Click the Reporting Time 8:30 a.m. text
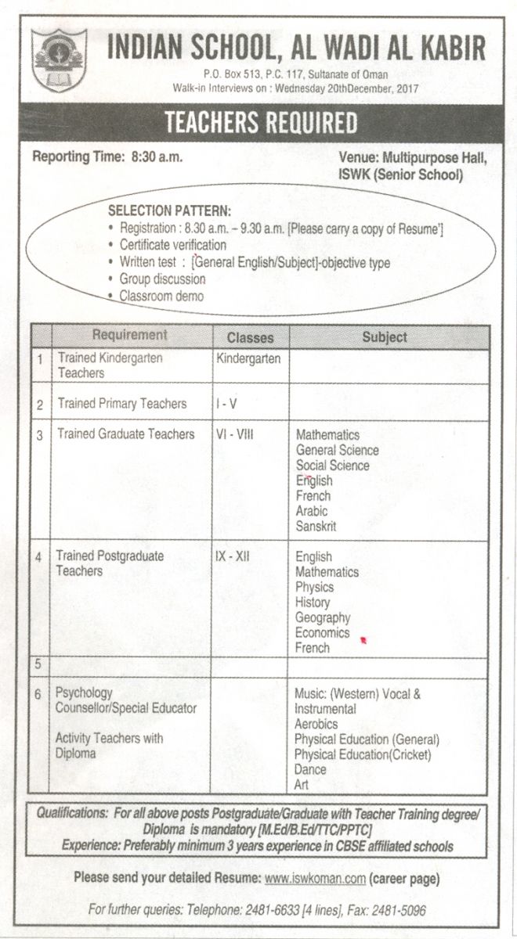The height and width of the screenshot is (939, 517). click(107, 156)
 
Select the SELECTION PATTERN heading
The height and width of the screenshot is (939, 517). click(169, 212)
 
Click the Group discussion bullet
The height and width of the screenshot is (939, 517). click(162, 279)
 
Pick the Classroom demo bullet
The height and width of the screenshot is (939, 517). click(161, 296)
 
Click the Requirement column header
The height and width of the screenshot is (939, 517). click(130, 336)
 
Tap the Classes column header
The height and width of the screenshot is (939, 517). click(250, 338)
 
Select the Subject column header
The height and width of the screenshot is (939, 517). click(385, 337)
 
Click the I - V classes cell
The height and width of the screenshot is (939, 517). click(226, 404)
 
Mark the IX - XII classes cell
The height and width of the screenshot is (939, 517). click(233, 556)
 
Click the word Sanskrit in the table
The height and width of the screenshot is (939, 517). click(316, 527)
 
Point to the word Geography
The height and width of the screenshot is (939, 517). click(323, 617)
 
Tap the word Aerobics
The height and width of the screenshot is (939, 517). click(316, 724)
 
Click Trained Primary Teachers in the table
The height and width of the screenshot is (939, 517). click(122, 404)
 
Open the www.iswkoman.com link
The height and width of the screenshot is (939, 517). click(315, 879)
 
